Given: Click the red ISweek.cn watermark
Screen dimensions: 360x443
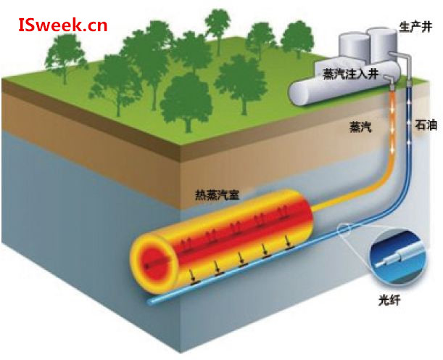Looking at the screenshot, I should coord(62,27).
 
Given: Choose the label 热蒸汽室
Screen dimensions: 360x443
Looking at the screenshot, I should coord(217,195).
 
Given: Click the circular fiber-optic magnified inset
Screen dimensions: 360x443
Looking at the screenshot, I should coord(396,254).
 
